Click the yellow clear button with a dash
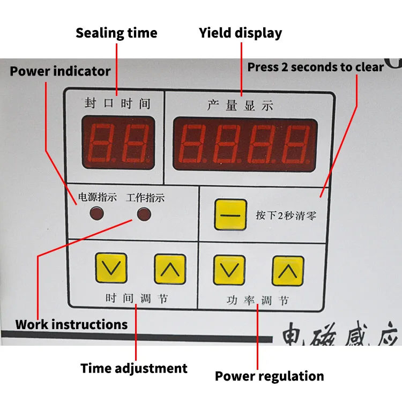[x=230, y=214]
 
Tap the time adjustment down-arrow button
[x=111, y=268]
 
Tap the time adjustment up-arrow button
[x=170, y=268]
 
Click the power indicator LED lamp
[x=96, y=214]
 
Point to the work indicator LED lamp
[x=144, y=214]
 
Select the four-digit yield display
[x=244, y=143]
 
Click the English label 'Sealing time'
[x=116, y=33]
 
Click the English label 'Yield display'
[x=240, y=33]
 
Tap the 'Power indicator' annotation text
[x=60, y=71]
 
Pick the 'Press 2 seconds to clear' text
[x=315, y=68]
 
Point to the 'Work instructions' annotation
[x=71, y=324]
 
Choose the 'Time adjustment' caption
[x=134, y=369]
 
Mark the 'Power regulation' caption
[x=269, y=376]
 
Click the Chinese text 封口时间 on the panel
[x=117, y=103]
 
